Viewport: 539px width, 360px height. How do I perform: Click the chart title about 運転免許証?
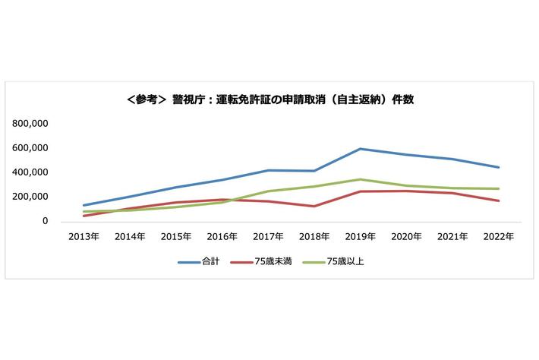tap(270, 99)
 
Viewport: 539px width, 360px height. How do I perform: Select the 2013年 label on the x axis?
tap(84, 237)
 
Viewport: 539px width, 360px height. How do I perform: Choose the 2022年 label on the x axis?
tap(499, 237)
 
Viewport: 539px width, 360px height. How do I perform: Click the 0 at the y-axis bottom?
tap(46, 221)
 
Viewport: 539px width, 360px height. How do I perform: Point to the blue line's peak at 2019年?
tap(361, 149)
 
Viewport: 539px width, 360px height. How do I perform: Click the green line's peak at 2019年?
tap(361, 179)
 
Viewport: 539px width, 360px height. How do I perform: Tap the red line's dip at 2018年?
tap(314, 206)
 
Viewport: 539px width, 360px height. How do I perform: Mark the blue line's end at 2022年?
tap(499, 167)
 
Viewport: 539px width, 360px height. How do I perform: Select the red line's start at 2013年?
tap(84, 216)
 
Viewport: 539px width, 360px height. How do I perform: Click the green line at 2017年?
tap(267, 191)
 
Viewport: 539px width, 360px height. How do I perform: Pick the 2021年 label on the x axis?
tap(452, 237)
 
